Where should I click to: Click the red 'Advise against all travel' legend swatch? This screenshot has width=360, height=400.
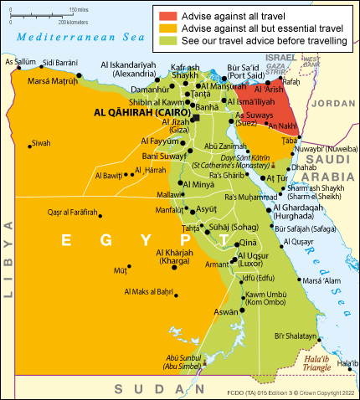167,14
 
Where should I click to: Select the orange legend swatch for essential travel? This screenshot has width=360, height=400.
167,28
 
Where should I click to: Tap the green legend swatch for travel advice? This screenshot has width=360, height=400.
167,41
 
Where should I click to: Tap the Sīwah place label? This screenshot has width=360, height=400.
41,143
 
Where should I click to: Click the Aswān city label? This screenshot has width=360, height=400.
225,311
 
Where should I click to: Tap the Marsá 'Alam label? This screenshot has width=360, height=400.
321,280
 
